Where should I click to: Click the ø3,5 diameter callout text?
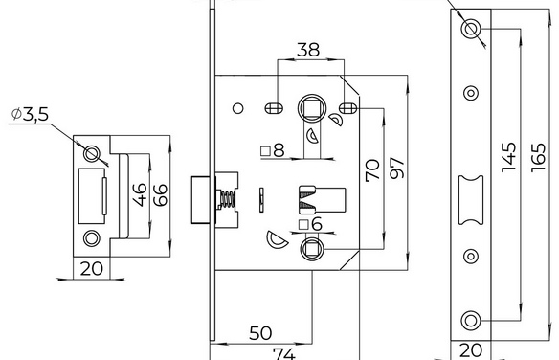30,115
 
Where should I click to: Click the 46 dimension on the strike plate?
140,194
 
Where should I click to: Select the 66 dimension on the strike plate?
160,195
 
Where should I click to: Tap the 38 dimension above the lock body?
308,50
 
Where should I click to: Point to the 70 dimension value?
373,170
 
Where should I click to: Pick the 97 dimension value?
397,168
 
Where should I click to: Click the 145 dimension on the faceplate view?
508,157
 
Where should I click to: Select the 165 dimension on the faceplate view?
538,158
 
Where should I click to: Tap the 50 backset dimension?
260,333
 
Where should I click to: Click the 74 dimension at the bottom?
284,354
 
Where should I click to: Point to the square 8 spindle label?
273,150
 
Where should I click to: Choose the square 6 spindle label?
310,225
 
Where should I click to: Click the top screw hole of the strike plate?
91,153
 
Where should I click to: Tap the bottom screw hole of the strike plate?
91,238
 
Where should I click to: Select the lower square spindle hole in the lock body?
312,248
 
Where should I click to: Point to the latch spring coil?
227,199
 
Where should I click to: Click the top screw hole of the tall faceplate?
471,29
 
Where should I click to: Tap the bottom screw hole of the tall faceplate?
471,320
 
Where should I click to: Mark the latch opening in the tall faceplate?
471,199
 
